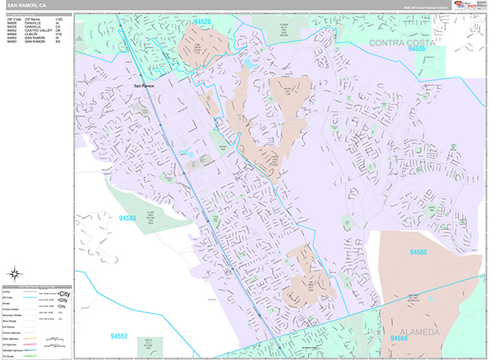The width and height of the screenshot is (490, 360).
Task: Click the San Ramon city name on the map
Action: [x=144, y=86]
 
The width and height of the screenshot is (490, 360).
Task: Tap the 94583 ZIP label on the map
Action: [x=127, y=218]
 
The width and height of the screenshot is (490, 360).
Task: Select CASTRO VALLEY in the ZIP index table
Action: [x=38, y=29]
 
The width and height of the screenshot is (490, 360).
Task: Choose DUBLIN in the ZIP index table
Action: [x=30, y=33]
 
